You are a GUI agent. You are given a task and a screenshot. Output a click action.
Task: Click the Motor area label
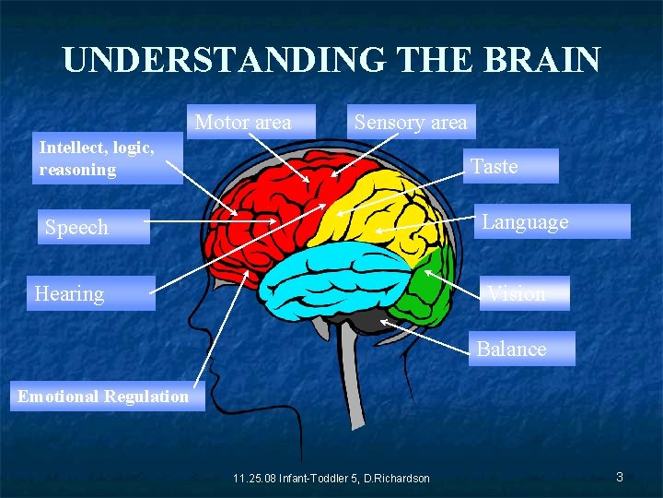pyautogui.click(x=243, y=123)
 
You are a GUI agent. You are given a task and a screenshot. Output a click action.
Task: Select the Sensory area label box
pyautogui.click(x=411, y=123)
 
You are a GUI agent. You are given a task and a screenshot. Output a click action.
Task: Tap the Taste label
pyautogui.click(x=494, y=167)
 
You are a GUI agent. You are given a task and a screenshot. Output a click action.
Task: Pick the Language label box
pyautogui.click(x=525, y=222)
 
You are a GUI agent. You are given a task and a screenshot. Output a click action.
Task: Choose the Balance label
pyautogui.click(x=511, y=349)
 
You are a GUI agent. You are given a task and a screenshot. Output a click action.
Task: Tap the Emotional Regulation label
pyautogui.click(x=102, y=397)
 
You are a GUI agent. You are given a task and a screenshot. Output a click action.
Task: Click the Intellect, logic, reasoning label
pyautogui.click(x=97, y=158)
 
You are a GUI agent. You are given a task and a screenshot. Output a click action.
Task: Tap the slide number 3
pyautogui.click(x=620, y=477)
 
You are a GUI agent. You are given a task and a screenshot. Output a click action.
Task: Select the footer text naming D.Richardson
pyautogui.click(x=331, y=478)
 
